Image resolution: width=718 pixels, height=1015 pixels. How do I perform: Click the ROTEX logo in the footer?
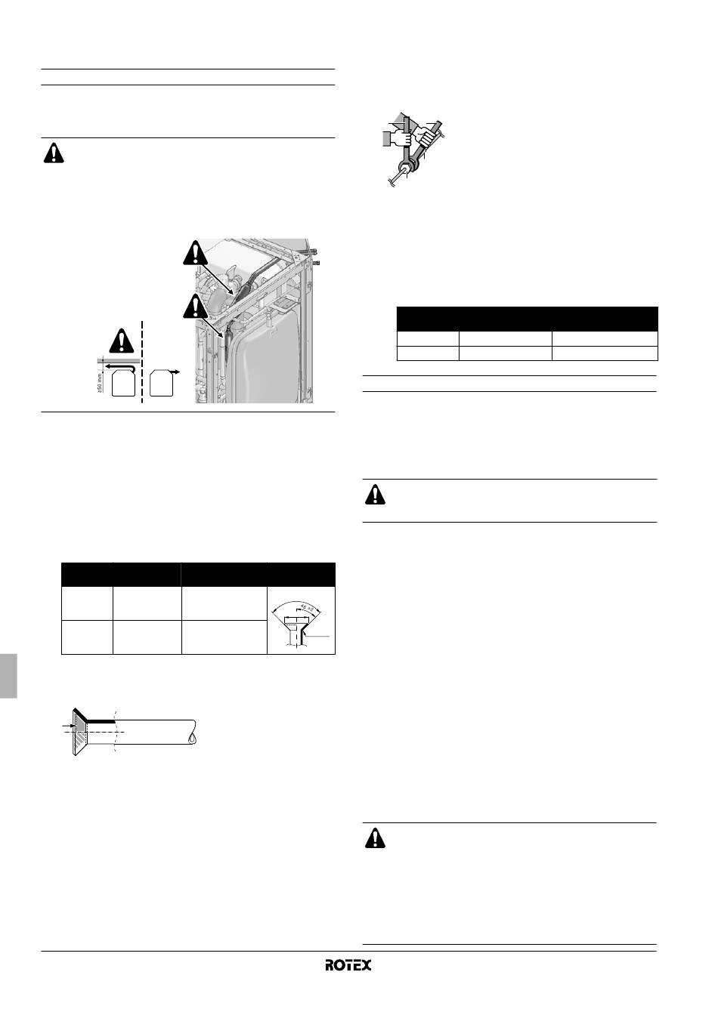(x=348, y=964)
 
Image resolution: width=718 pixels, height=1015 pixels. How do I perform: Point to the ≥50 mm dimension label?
(x=101, y=382)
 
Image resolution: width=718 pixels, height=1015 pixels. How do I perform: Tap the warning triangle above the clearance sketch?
(x=122, y=341)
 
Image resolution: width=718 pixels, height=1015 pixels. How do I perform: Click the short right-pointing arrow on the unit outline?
(x=174, y=372)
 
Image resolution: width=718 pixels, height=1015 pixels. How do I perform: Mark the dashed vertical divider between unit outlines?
(x=142, y=362)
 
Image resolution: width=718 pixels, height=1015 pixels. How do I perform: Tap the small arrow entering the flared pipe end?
(x=68, y=726)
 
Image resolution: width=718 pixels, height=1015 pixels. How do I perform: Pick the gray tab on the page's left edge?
(x=8, y=676)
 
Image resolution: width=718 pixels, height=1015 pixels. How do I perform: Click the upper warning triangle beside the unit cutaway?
(x=196, y=253)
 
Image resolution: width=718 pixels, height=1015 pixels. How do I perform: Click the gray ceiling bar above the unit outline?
(x=116, y=360)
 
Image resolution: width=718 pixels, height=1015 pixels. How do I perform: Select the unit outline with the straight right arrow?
(x=162, y=383)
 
